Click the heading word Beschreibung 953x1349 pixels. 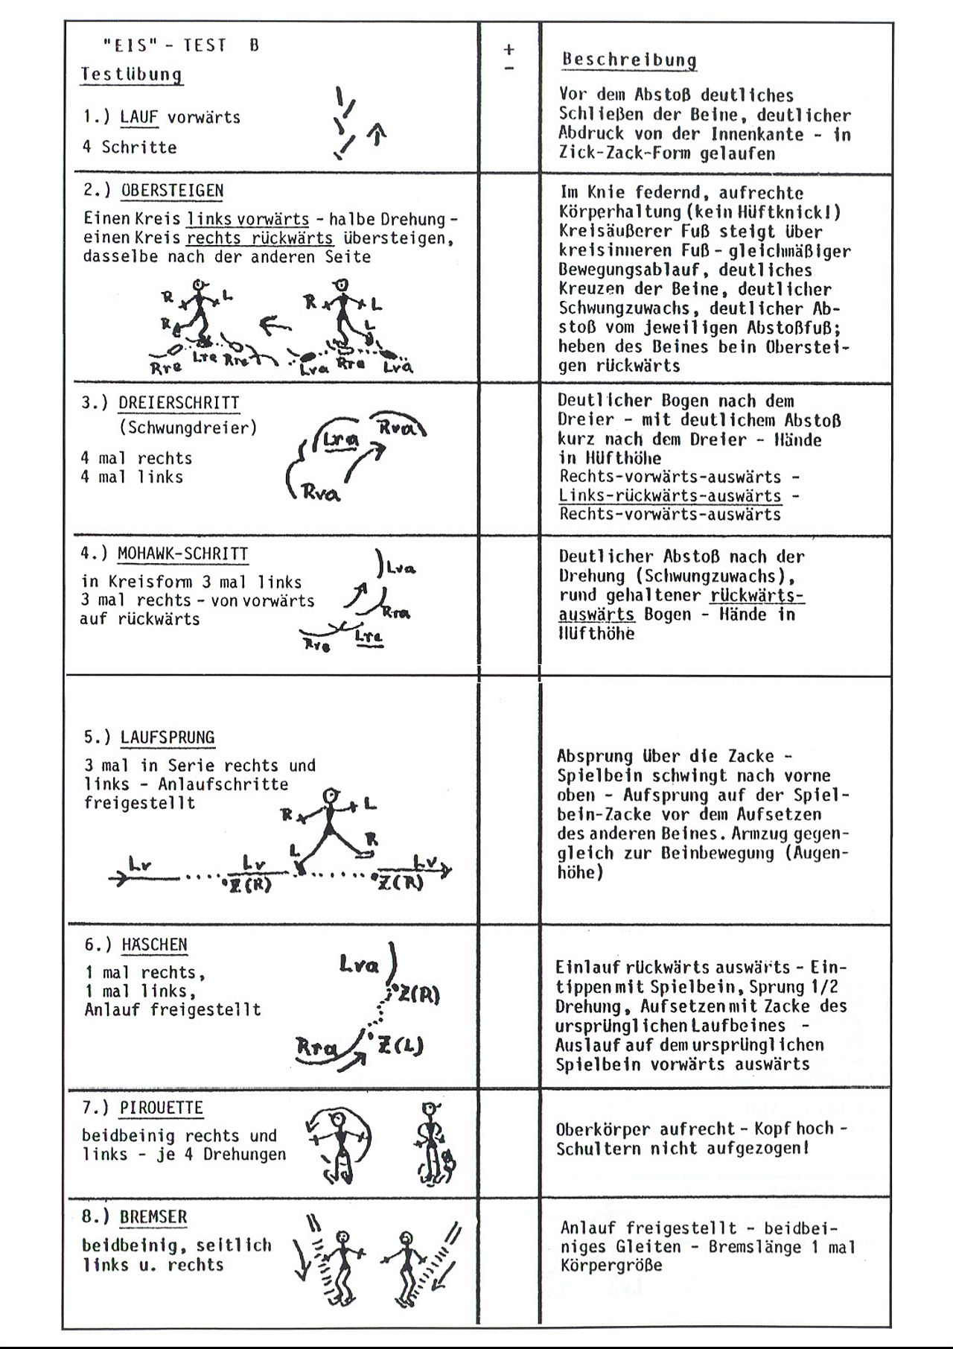point(629,60)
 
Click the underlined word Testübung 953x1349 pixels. point(131,74)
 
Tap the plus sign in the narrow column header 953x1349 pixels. point(509,50)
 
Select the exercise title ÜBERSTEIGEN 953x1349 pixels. point(172,191)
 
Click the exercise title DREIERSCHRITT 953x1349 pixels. point(179,403)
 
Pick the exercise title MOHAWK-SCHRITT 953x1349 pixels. point(182,554)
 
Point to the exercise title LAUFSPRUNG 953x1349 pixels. point(168,737)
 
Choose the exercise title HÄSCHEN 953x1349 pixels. point(154,945)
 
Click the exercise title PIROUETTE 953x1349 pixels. point(161,1108)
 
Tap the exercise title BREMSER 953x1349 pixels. point(153,1216)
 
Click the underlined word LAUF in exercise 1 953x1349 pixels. point(139,117)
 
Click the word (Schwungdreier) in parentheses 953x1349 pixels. point(188,428)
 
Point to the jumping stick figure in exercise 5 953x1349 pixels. point(328,827)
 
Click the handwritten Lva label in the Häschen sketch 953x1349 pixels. point(359,965)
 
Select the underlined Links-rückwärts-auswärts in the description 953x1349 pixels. point(670,496)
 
